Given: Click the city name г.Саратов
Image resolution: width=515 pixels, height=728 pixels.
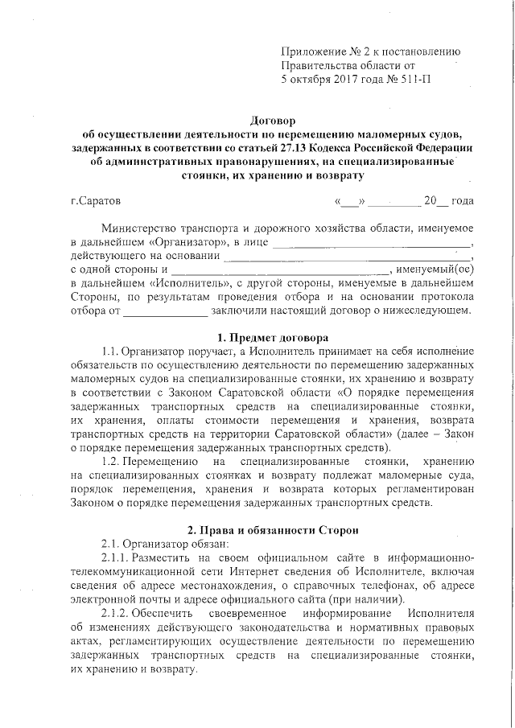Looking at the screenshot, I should coord(96,200).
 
